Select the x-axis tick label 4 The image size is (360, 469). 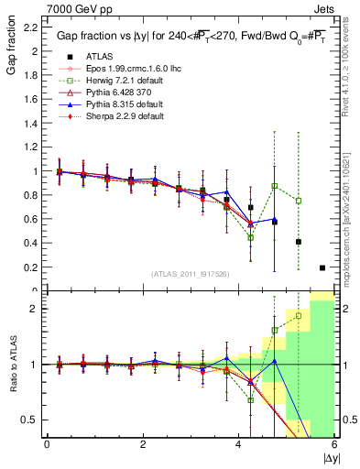(x=239, y=443)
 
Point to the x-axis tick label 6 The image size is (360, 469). (x=333, y=443)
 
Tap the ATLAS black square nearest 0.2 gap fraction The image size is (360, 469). (x=322, y=267)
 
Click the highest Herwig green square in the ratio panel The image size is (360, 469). (x=299, y=316)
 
